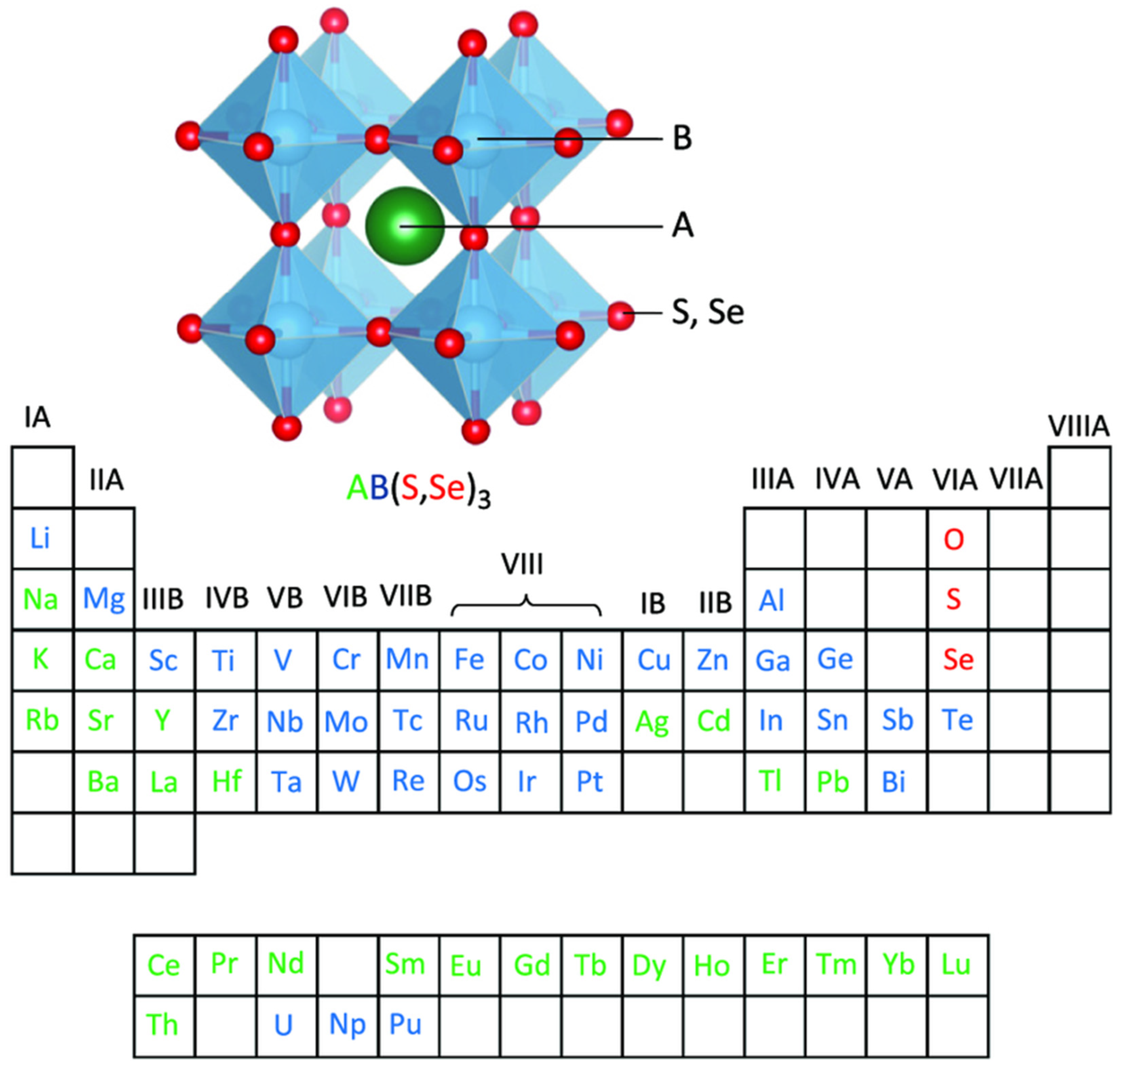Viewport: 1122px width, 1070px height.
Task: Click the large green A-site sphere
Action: click(405, 226)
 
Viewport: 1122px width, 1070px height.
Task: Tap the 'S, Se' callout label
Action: click(708, 312)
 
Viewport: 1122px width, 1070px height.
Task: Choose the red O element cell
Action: click(954, 539)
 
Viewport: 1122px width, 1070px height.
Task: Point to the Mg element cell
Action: click(104, 599)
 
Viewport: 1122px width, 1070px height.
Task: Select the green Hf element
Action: click(227, 781)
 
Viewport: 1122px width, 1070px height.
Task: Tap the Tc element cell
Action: click(407, 720)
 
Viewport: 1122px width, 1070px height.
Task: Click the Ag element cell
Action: click(652, 722)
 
